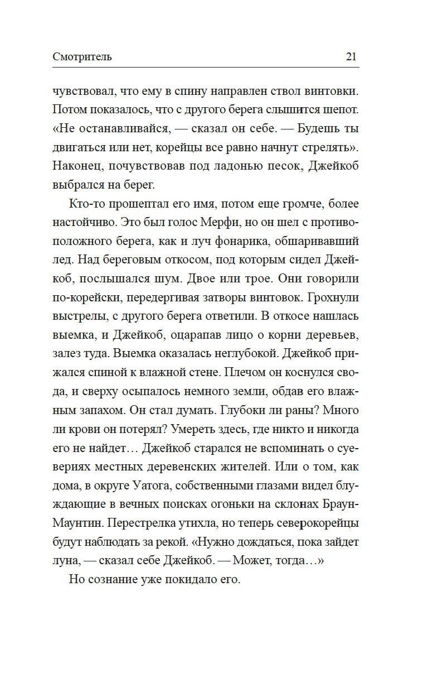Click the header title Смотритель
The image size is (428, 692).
82,56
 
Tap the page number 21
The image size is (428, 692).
351,56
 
